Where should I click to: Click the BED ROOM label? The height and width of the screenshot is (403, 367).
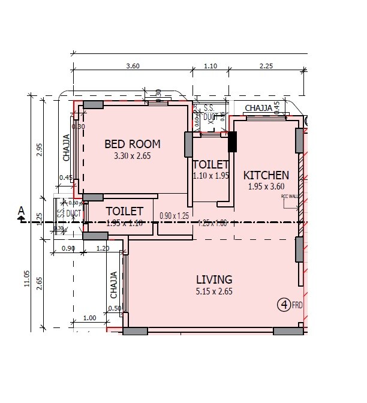(133, 144)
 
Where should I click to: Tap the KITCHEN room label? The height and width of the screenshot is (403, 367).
(266, 176)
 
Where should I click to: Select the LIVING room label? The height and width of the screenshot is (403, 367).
(214, 279)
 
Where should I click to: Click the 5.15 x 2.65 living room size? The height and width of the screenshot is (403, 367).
(214, 292)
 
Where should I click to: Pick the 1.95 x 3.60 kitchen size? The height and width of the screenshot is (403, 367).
(266, 187)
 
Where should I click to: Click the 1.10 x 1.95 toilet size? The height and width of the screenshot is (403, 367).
(211, 176)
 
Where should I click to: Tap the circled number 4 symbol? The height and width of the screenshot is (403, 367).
(284, 305)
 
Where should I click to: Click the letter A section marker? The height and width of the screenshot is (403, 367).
(22, 210)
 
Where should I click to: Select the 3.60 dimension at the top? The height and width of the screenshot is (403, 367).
(133, 67)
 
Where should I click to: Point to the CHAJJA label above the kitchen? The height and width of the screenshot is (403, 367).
(259, 108)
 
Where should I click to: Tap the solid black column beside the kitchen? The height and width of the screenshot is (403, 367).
(233, 142)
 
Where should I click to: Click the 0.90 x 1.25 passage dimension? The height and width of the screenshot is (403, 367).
(174, 216)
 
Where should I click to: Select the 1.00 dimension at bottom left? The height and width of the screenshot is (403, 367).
(90, 318)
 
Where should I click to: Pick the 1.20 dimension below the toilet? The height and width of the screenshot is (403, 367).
(103, 248)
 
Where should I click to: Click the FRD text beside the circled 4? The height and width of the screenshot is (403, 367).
(297, 305)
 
